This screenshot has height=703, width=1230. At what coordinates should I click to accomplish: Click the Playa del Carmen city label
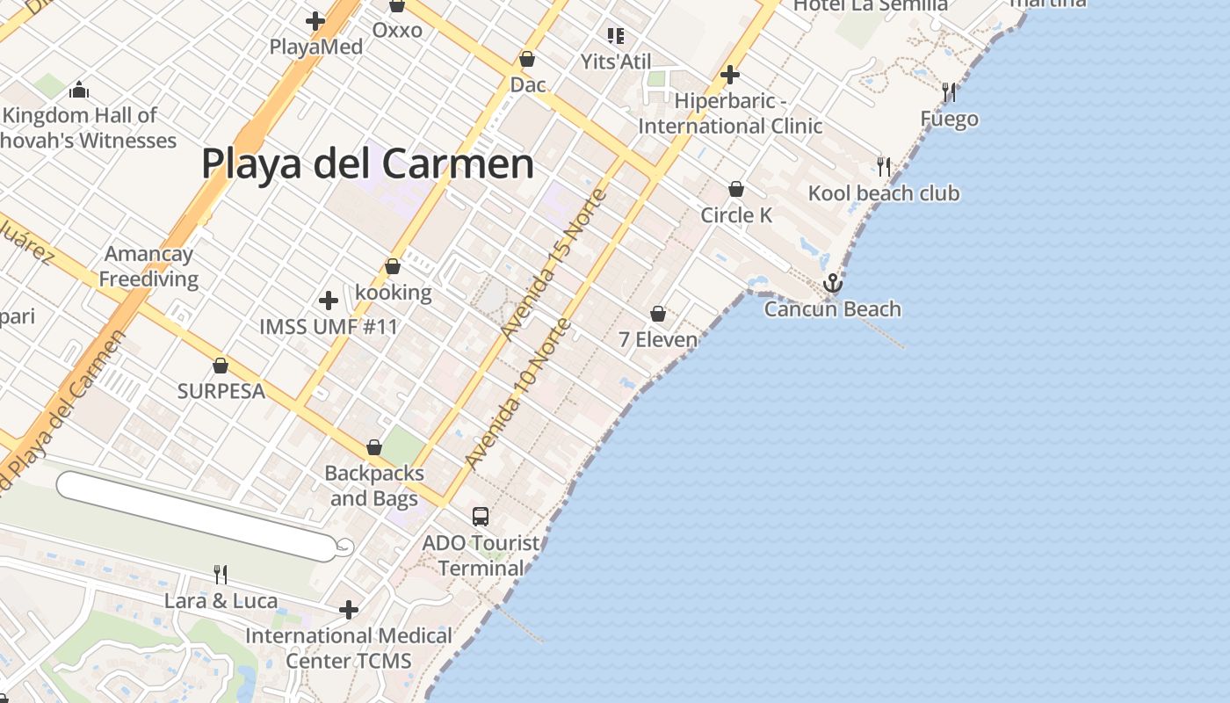(x=367, y=164)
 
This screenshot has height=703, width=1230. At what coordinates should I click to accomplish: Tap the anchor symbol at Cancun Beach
(x=832, y=283)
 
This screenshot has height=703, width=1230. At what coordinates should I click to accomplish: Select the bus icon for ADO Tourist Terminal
(x=481, y=517)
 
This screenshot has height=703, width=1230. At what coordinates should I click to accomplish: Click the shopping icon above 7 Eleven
(x=658, y=314)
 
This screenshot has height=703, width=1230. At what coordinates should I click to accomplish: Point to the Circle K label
(x=736, y=215)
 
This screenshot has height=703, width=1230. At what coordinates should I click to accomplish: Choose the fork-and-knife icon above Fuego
(x=949, y=91)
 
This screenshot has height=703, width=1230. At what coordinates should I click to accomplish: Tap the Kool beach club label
(x=884, y=193)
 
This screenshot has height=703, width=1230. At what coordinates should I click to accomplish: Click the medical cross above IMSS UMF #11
(x=329, y=301)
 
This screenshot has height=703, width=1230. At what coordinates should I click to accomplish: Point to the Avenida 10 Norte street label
(x=518, y=394)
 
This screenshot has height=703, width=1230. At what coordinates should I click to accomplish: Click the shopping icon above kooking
(x=393, y=266)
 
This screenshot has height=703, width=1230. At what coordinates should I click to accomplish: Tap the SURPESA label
(x=221, y=391)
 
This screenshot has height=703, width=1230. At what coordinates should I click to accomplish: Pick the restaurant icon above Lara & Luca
(x=221, y=575)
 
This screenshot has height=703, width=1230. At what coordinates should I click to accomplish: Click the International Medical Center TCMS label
(x=349, y=648)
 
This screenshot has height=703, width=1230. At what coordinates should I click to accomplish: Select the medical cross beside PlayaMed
(x=315, y=21)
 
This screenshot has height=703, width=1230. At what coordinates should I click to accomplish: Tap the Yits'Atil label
(x=616, y=62)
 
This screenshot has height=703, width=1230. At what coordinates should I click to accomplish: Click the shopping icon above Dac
(x=527, y=59)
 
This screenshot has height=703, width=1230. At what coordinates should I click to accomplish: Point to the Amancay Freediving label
(x=148, y=266)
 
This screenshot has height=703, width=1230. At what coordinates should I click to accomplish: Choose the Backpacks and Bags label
(x=374, y=486)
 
